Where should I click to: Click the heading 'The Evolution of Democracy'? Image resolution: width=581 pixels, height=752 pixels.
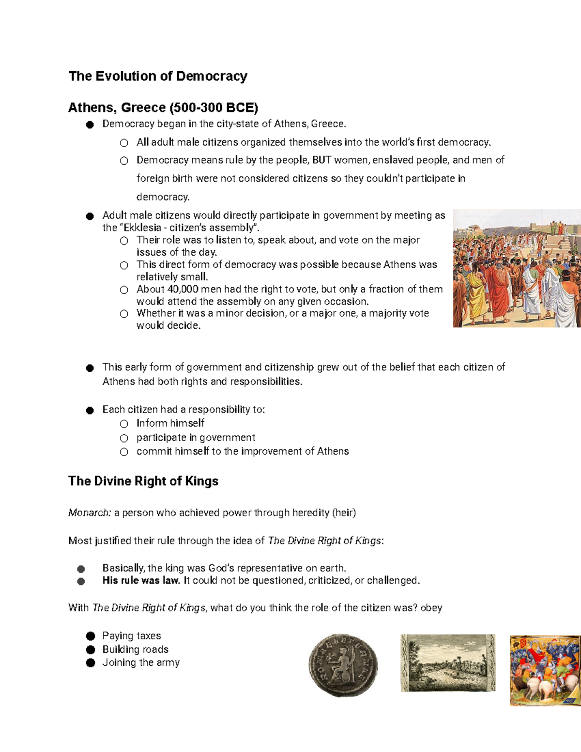[x=158, y=76]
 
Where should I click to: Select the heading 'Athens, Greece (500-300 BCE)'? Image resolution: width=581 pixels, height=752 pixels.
[x=163, y=107]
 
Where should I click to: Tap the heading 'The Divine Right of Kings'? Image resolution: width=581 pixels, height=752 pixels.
[x=143, y=481]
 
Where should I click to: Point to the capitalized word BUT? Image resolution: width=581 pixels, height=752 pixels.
[x=321, y=160]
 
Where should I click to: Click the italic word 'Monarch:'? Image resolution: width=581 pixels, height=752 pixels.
[x=90, y=513]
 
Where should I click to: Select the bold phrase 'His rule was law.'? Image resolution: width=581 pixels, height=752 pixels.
[x=141, y=580]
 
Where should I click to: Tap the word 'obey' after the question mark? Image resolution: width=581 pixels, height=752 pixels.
[x=431, y=608]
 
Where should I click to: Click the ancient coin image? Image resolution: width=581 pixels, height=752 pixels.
[x=343, y=665]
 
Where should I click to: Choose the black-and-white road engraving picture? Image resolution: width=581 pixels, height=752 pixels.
[x=448, y=662]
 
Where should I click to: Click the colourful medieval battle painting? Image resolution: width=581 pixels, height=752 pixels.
[x=545, y=670]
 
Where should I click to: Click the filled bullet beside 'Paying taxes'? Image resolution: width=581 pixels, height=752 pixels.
[x=91, y=636]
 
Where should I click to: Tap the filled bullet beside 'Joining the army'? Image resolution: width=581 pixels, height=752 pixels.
[x=91, y=663]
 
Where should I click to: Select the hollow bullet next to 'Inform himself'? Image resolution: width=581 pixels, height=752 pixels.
[x=124, y=424]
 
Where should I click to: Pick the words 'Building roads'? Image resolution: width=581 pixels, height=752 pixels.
[x=135, y=649]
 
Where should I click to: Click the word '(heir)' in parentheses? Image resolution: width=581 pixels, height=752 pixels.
[x=344, y=513]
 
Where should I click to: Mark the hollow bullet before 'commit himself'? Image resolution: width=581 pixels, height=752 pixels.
[x=124, y=452]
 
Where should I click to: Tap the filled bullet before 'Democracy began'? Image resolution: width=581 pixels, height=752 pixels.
[x=90, y=124]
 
